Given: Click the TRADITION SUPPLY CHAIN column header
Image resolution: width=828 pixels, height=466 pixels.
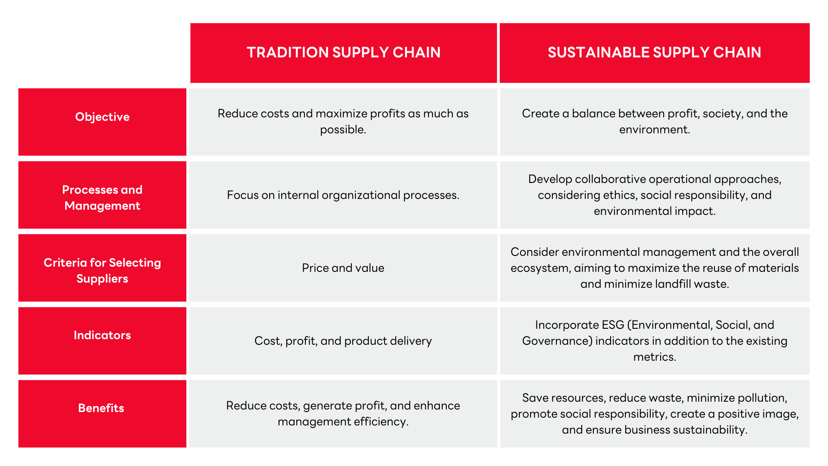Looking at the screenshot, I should point(343,52).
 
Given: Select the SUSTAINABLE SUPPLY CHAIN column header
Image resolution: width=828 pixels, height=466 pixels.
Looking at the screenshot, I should point(654,52).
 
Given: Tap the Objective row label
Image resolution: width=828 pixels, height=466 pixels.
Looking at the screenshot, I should point(102,117).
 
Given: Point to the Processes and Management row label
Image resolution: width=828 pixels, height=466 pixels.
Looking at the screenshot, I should point(102,198).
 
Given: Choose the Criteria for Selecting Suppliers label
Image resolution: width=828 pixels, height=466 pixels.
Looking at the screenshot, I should point(102,271).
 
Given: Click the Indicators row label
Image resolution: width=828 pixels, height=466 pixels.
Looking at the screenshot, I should point(102,335).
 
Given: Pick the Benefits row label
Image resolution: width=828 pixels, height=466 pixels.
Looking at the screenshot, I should point(101,408).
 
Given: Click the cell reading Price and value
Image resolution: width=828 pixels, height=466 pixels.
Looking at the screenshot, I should point(343,268).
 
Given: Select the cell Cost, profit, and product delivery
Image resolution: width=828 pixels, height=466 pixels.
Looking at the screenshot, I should point(343,341).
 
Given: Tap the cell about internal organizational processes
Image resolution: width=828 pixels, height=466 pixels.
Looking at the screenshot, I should point(343,195).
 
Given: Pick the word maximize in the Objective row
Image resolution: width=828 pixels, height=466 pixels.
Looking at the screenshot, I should point(341,113).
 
